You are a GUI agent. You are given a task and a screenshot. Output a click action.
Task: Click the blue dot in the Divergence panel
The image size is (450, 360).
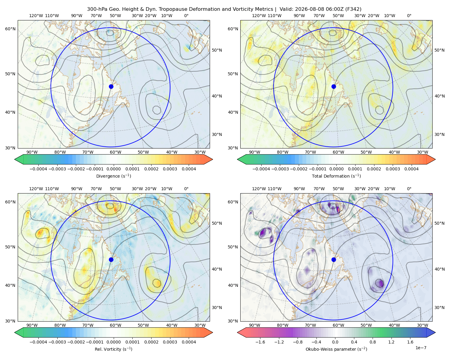[111, 87]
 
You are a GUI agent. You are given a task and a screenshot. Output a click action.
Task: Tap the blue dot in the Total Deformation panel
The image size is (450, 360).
[334, 87]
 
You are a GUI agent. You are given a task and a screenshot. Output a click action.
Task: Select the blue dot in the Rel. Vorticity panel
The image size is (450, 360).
[111, 259]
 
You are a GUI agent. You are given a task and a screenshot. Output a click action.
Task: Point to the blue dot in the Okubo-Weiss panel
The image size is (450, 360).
[334, 259]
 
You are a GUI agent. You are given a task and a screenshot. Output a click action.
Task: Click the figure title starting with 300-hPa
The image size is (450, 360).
[224, 9]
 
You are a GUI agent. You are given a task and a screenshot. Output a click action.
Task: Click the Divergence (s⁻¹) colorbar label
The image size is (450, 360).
[113, 176]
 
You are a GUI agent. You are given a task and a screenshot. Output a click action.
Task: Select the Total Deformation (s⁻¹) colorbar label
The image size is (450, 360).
[336, 176]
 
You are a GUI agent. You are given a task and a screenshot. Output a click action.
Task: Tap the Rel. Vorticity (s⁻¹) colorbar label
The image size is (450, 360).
[113, 349]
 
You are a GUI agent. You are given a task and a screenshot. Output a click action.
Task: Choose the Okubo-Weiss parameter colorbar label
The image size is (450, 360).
[336, 349]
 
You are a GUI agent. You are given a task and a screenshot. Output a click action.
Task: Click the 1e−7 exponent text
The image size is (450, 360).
[421, 348]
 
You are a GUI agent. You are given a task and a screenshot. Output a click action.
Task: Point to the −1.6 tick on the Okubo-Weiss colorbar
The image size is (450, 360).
[260, 342]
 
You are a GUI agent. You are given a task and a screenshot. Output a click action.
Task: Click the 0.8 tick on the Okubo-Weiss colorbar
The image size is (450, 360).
[373, 342]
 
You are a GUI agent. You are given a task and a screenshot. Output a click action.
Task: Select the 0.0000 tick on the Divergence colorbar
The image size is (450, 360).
[113, 169]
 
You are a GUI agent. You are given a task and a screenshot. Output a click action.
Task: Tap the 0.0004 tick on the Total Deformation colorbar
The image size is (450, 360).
[412, 169]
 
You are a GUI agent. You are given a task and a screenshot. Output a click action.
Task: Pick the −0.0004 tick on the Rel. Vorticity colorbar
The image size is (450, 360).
[38, 342]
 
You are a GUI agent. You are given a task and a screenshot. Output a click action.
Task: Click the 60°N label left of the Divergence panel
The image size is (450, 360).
[10, 29]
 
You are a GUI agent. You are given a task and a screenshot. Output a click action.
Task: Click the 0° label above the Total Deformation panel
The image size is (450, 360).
[409, 16]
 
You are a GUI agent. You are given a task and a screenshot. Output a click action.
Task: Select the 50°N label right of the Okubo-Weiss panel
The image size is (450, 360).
[439, 223]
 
